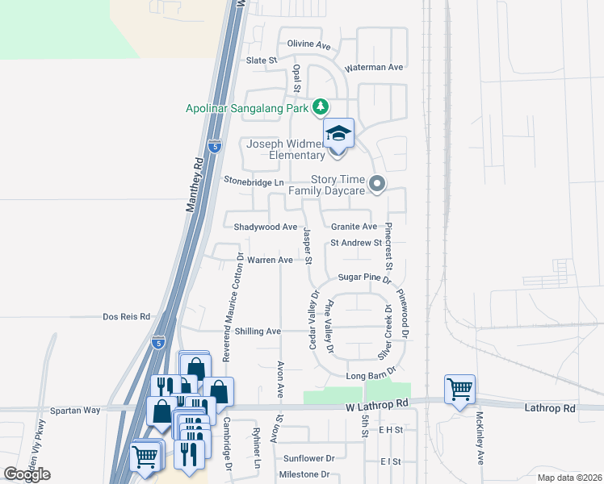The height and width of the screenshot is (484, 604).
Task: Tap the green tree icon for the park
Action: pyautogui.click(x=321, y=106)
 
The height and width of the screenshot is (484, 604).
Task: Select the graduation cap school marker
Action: pyautogui.click(x=339, y=134)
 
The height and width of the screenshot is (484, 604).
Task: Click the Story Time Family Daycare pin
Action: pyautogui.click(x=376, y=186)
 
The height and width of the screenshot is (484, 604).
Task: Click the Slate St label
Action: pyautogui.click(x=261, y=60)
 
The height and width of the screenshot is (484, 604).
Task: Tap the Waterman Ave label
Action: pyautogui.click(x=374, y=68)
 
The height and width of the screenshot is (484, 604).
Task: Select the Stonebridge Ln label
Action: pyautogui.click(x=254, y=182)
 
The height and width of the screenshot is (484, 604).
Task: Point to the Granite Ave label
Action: pyautogui.click(x=354, y=227)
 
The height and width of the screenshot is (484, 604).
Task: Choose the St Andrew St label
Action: pyautogui.click(x=355, y=243)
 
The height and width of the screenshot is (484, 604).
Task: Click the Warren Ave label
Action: pyautogui.click(x=270, y=261)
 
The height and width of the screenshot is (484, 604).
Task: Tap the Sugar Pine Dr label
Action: pyautogui.click(x=364, y=277)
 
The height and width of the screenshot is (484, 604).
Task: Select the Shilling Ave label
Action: pyautogui.click(x=257, y=332)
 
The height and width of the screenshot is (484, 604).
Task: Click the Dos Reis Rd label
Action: pyautogui.click(x=127, y=317)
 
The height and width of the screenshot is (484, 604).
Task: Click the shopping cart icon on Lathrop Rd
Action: pyautogui.click(x=459, y=390)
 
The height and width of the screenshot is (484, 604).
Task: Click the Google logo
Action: pyautogui.click(x=27, y=474)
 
